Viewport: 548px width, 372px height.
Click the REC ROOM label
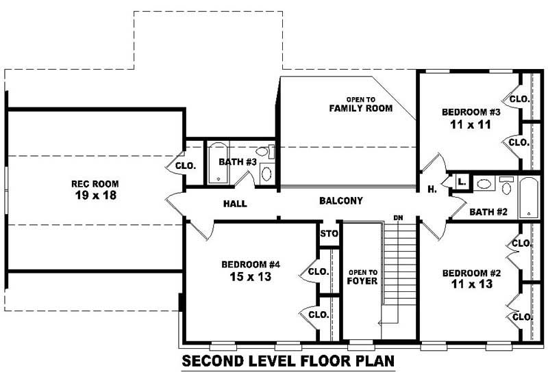(x=95, y=183)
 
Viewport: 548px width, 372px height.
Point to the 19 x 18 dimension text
(x=95, y=195)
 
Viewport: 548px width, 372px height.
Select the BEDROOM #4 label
(x=251, y=265)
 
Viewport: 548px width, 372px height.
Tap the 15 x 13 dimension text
(x=251, y=277)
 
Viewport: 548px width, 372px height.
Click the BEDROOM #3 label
(x=471, y=112)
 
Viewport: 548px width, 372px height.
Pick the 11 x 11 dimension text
(x=471, y=124)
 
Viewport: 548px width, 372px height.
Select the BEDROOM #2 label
(x=471, y=271)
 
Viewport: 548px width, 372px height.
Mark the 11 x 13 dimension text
(x=471, y=283)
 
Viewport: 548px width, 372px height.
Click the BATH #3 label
(x=237, y=162)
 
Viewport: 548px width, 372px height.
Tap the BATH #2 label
(x=488, y=212)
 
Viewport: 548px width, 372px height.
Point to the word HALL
(x=235, y=204)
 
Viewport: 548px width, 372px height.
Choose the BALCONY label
(x=340, y=201)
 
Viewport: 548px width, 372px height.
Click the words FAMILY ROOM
(x=360, y=108)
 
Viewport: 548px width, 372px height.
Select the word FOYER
(x=362, y=281)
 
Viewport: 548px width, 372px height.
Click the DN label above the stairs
(x=398, y=218)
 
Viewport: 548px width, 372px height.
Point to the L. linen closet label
(x=462, y=182)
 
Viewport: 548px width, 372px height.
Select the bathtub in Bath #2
(x=528, y=197)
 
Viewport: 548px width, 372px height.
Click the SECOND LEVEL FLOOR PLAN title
(x=288, y=361)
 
